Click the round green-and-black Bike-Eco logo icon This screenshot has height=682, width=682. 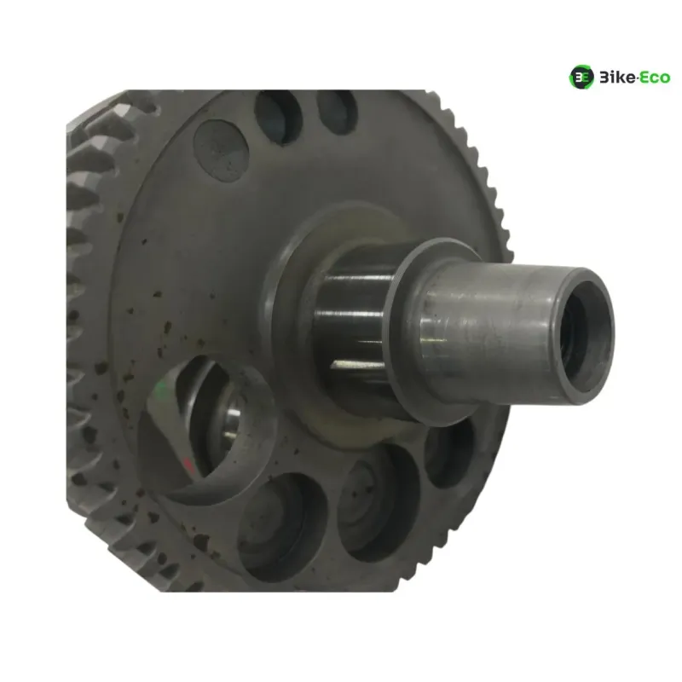click(581, 77)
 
